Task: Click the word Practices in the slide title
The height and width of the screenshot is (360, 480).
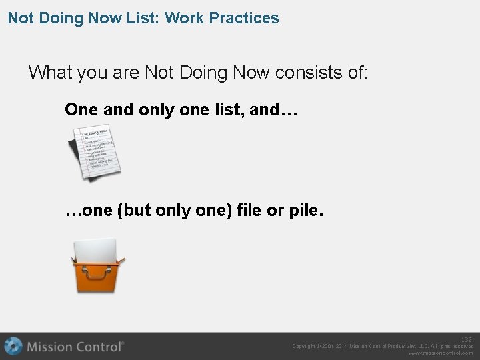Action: click(241, 18)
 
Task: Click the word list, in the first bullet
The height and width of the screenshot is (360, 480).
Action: click(226, 110)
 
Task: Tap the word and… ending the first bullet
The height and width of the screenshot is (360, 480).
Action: click(273, 110)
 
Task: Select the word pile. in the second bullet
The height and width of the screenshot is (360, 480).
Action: click(307, 212)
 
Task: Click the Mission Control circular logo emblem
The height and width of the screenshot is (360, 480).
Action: click(13, 347)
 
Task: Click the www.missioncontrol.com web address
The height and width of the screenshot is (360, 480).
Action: click(441, 353)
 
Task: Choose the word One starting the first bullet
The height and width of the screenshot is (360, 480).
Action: click(81, 110)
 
